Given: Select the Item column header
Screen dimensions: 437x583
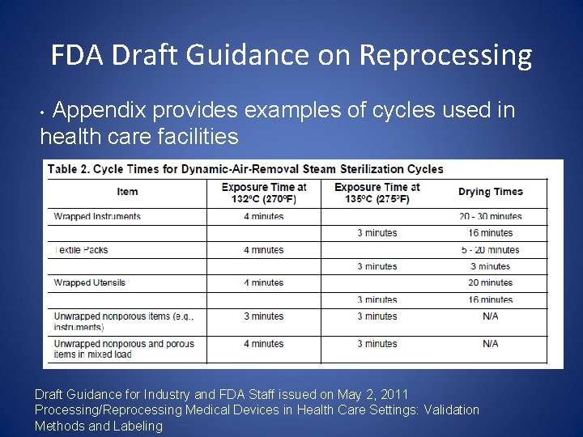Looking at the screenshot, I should coord(127,192).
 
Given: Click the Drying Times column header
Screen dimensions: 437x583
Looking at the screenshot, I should coord(490,192).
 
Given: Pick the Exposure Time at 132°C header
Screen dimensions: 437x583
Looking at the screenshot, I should coord(264,193).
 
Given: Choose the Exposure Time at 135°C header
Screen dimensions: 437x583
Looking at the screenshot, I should coord(377,193).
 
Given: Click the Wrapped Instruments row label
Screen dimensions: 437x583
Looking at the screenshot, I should coord(97,217).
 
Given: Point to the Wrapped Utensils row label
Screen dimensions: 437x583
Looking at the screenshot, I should coord(90,282).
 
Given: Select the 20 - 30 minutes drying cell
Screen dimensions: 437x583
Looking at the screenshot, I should coord(490,217).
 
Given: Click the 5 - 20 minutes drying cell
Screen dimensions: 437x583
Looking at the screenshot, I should coord(490,250).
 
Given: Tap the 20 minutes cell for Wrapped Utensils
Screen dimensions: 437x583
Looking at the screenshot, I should coord(490,282).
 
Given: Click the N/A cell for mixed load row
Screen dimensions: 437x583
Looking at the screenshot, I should coord(490,344).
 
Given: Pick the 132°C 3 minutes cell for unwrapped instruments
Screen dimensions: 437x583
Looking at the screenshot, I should coord(264,316).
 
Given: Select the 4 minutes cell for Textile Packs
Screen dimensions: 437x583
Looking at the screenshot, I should coord(264,250).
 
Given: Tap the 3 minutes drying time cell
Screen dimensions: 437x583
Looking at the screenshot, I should coord(490,266).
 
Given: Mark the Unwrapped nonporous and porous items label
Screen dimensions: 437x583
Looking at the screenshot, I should coord(124,349).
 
